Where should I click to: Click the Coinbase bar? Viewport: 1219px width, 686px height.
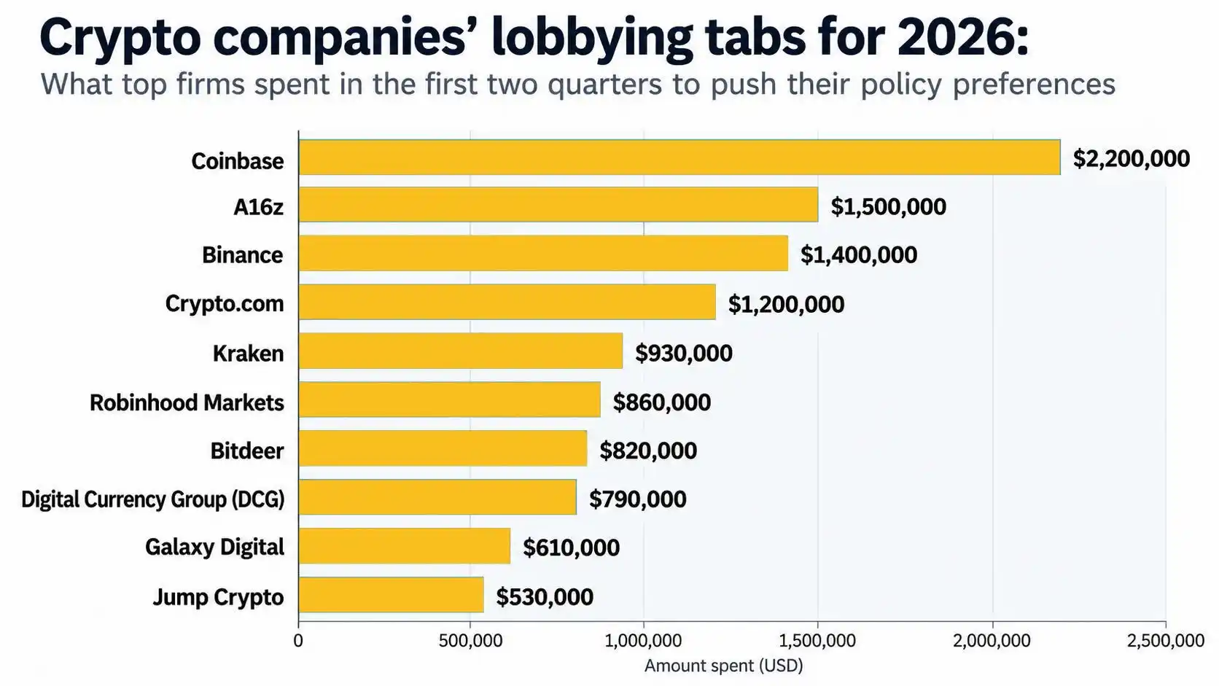coord(679,157)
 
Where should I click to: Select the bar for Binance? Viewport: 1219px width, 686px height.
coord(543,253)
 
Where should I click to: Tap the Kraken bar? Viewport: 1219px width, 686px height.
coord(460,351)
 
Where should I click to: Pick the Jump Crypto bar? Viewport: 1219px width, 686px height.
coord(391,595)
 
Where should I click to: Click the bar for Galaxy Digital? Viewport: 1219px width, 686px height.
coord(405,545)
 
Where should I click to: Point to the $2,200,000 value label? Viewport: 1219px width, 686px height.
coord(1132,159)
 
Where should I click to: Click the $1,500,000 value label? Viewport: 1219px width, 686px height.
coord(888,207)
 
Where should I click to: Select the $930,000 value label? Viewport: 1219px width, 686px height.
coord(684,353)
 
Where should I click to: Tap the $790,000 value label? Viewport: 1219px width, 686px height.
coord(637,499)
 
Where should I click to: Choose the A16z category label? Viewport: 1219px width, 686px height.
coord(259,207)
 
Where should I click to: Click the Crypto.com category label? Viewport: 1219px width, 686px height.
coord(225,303)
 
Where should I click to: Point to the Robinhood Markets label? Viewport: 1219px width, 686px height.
coord(187,402)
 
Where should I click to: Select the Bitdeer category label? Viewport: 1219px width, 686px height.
coord(247,451)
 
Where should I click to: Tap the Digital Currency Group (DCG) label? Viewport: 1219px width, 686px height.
coord(153,499)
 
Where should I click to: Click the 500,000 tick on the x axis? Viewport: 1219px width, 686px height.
coord(470,641)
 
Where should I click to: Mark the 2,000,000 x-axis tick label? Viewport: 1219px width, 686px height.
coord(992,641)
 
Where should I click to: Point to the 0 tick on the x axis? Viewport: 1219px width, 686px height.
coord(298,641)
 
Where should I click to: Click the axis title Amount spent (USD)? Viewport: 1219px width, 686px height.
coord(724,666)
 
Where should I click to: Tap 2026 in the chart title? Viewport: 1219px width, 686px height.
coord(962,37)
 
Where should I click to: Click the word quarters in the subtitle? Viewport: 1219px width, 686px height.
coord(604,85)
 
